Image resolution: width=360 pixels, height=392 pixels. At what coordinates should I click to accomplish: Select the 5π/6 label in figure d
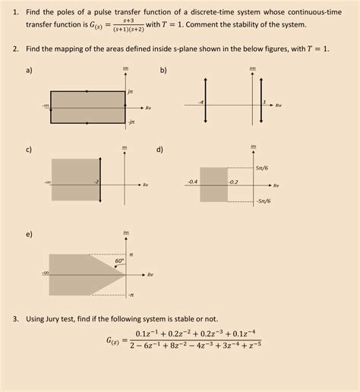(264, 167)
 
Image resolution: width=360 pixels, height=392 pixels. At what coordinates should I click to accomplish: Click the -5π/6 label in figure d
(264, 201)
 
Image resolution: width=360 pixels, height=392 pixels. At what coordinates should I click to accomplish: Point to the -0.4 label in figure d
(192, 182)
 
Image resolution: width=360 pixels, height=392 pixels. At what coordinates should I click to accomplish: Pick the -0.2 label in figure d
(232, 182)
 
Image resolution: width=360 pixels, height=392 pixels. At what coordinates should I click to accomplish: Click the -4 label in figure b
(201, 102)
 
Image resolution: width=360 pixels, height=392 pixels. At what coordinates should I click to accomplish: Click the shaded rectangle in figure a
(87, 106)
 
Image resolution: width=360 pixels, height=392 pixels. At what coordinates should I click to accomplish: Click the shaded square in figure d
(213, 185)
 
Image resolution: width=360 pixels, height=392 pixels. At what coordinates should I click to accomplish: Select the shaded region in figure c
(74, 181)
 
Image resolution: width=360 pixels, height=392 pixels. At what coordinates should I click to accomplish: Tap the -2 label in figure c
(96, 182)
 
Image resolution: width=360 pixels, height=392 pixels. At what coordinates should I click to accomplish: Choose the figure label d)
(160, 149)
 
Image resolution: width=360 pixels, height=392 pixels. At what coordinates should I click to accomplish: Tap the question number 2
(15, 48)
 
